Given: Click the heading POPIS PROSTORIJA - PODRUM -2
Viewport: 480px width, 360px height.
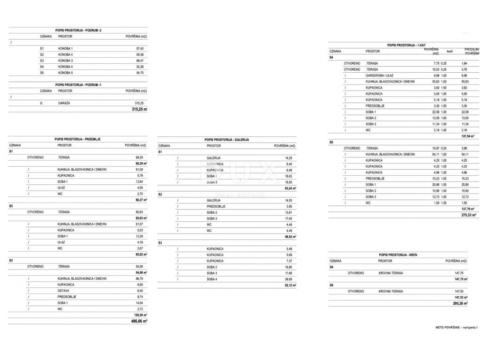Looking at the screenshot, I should click(x=78, y=30).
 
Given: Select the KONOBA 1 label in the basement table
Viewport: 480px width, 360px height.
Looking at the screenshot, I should click(x=66, y=49).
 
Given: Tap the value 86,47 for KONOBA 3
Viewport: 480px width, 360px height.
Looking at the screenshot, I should click(x=139, y=60).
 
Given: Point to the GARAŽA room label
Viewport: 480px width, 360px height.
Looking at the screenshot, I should click(x=64, y=103).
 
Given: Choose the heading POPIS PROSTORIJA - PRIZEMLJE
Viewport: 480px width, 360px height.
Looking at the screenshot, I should click(x=77, y=139).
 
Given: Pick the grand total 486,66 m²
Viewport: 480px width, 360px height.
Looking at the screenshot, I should click(x=140, y=322).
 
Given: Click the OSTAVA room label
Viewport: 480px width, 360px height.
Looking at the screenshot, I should click(x=64, y=291).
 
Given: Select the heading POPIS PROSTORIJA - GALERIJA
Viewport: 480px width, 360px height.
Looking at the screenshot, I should click(x=226, y=140).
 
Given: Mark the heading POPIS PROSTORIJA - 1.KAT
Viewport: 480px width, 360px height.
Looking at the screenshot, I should click(x=406, y=45).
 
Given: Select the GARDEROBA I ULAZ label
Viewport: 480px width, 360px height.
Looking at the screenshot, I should click(x=380, y=75).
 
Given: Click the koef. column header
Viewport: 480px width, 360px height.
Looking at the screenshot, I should click(x=443, y=51).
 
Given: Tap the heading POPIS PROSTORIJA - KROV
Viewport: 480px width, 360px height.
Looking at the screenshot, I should click(x=398, y=255).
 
